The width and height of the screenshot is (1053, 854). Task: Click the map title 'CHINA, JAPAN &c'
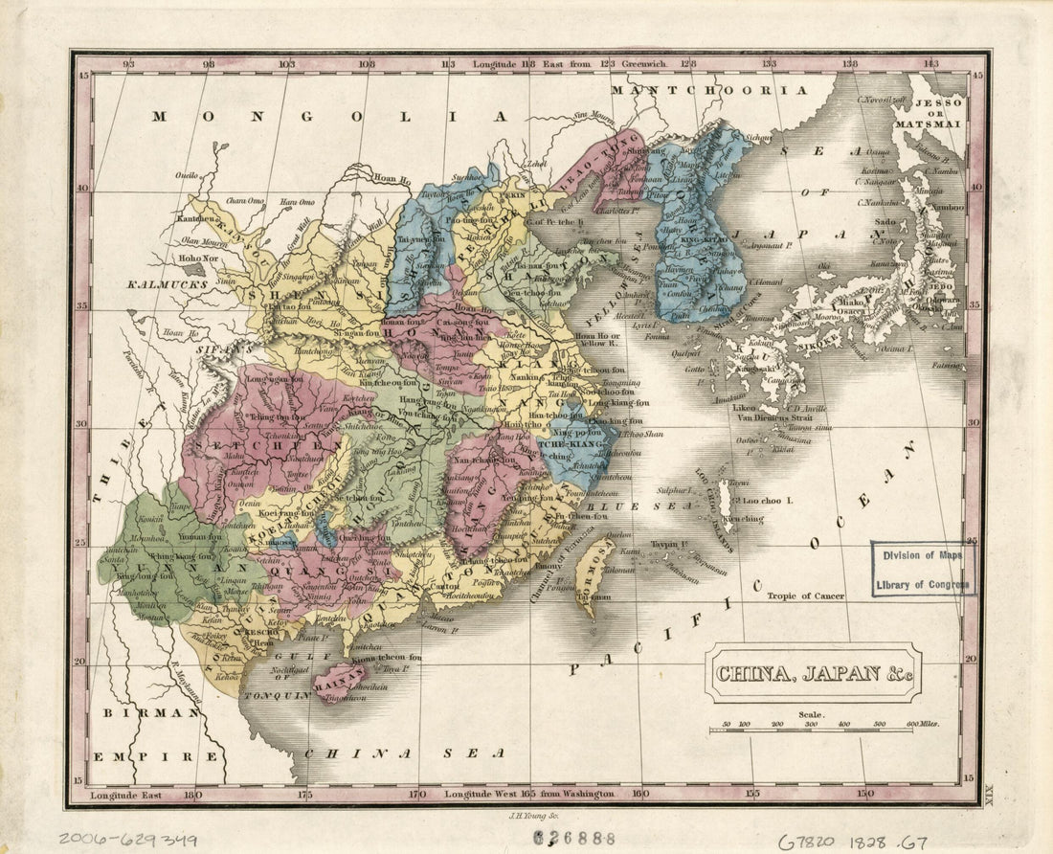tap(813, 672)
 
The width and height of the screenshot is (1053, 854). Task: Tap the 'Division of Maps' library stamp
tap(923, 569)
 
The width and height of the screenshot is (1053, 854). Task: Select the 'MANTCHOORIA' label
tap(709, 90)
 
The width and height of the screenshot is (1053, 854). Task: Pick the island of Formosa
tap(595, 574)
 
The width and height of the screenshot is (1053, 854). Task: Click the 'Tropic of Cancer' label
tap(805, 596)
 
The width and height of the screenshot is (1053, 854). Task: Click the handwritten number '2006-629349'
tap(127, 839)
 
